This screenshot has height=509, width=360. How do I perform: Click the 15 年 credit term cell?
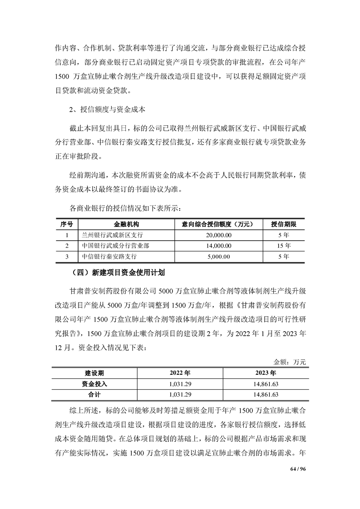[283, 246]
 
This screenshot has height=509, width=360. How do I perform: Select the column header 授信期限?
[283, 224]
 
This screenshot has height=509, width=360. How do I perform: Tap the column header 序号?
[67, 224]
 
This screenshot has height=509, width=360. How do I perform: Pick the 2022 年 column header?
[180, 373]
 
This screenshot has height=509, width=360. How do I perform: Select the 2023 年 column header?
[267, 373]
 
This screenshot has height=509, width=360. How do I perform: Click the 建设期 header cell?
[94, 373]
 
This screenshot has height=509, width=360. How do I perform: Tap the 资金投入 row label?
[94, 384]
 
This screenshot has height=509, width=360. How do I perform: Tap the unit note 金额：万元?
[290, 362]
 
